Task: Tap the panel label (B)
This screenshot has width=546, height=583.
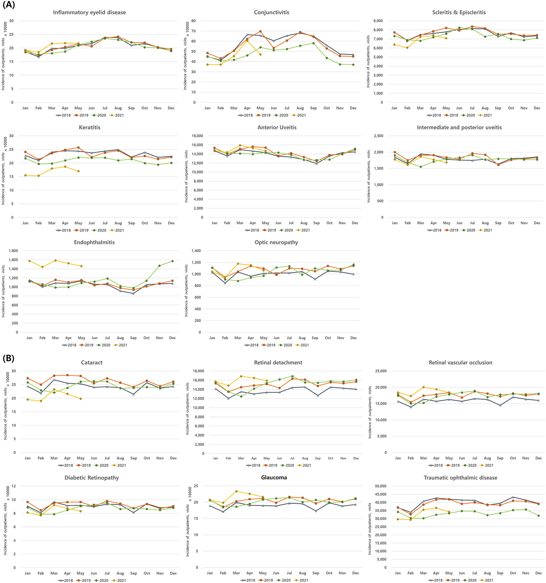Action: (x=8, y=358)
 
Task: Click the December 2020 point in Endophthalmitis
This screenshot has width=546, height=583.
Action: (x=172, y=261)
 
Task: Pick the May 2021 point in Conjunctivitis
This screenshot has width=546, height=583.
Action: (x=260, y=54)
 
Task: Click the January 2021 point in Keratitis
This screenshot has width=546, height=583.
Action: (x=26, y=175)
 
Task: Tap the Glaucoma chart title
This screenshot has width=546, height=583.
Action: (x=274, y=477)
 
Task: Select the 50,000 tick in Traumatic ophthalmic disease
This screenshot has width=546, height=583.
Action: (x=381, y=486)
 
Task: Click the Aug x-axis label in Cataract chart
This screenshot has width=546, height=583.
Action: (x=120, y=458)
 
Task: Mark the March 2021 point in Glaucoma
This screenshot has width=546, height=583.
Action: (x=236, y=491)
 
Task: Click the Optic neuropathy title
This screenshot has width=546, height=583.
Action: (x=276, y=242)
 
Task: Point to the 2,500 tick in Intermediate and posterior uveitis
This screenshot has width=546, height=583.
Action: (x=379, y=136)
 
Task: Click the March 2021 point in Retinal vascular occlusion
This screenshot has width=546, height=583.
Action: (x=423, y=387)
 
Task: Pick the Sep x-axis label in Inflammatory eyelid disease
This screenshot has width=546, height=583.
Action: (x=131, y=108)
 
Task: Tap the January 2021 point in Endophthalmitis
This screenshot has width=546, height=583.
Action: (x=29, y=261)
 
